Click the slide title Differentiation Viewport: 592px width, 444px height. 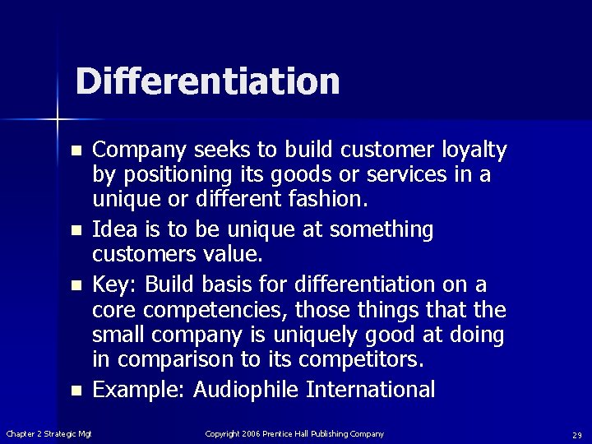(207, 81)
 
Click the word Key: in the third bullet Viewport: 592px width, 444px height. (115, 284)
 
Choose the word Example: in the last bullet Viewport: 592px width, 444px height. (139, 390)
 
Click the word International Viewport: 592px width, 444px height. (371, 390)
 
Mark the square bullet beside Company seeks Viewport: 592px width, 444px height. (76, 152)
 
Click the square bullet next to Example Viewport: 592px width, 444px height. (76, 391)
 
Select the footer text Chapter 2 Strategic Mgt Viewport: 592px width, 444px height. (49, 433)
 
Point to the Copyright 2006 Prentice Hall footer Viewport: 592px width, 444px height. (294, 433)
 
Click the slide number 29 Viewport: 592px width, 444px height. (576, 434)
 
